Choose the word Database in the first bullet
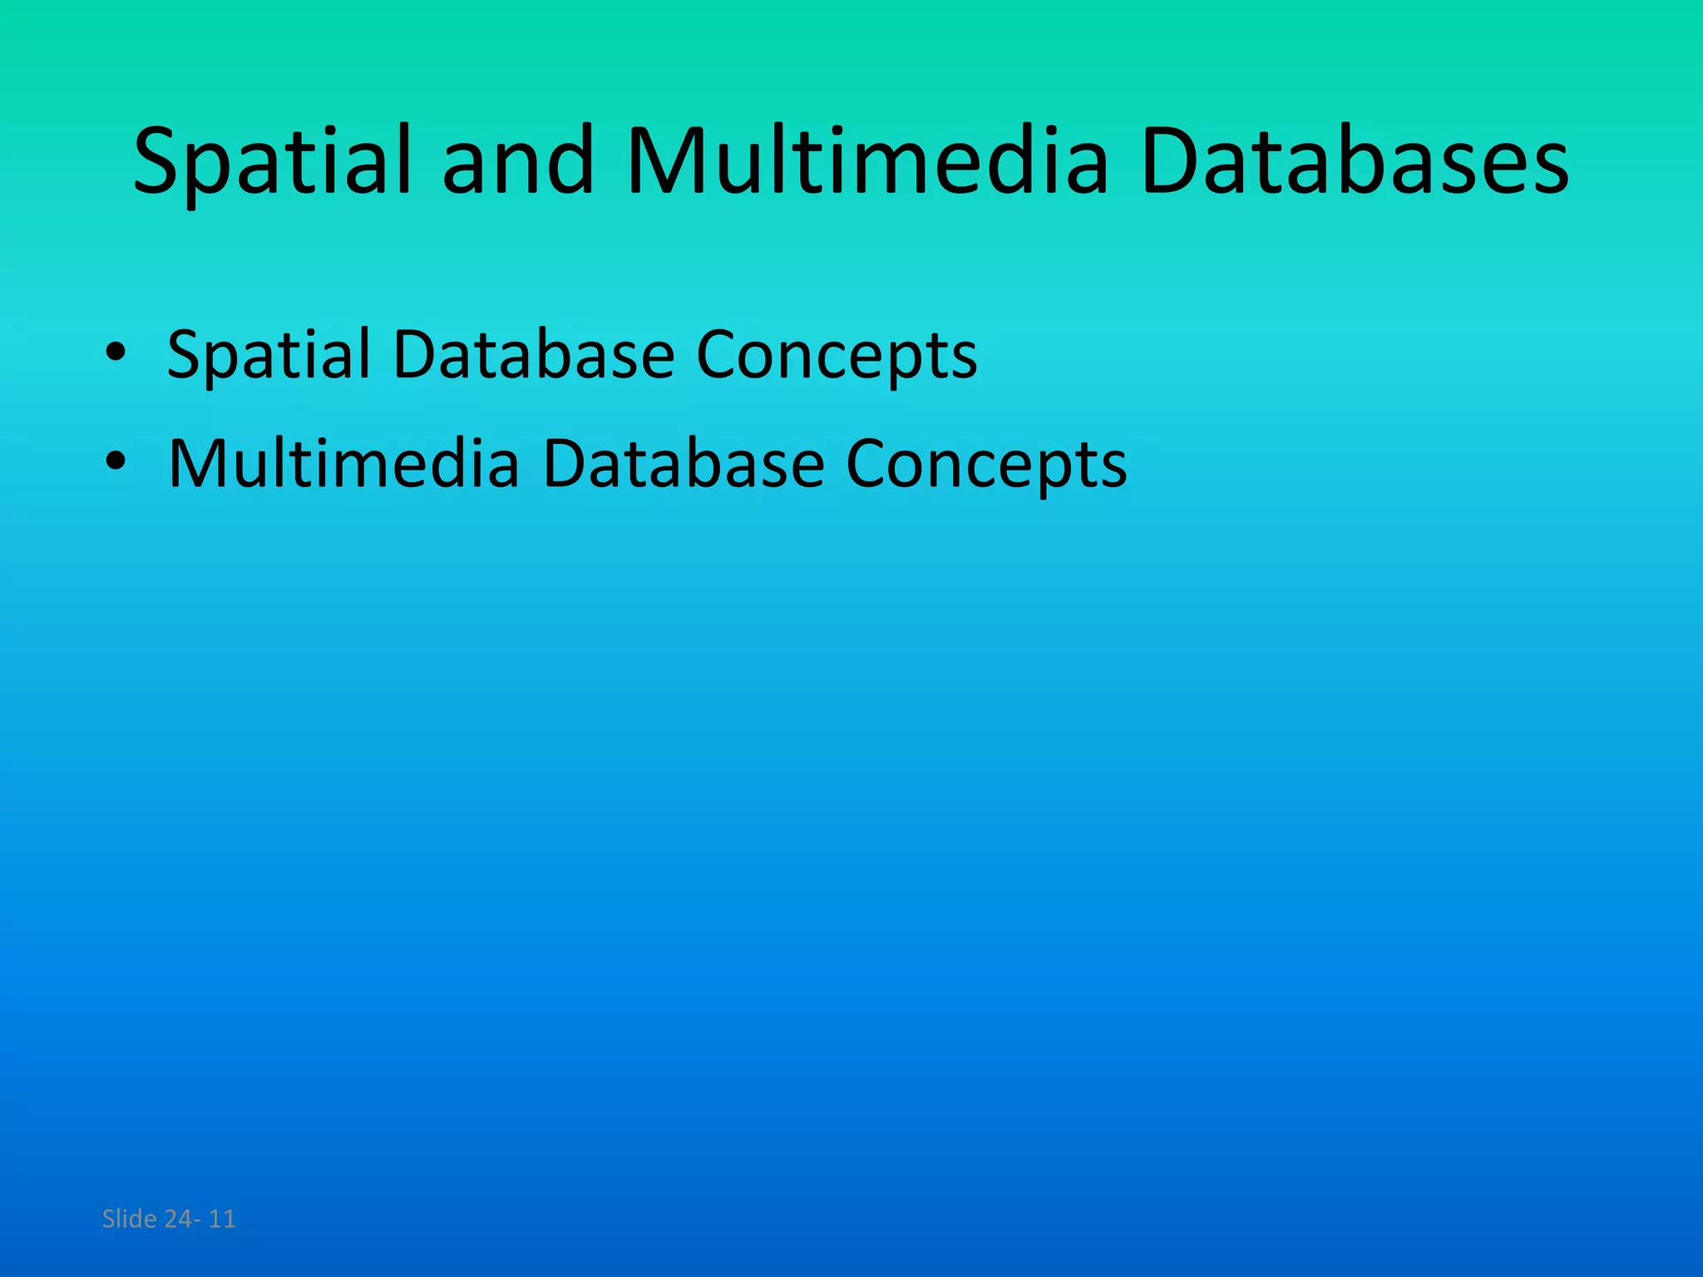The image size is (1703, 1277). coord(533,354)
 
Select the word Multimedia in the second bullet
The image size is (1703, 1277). coord(343,463)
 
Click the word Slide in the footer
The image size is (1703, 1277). coord(129,1219)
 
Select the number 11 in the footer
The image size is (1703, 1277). coord(222,1219)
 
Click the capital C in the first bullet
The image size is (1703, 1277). coord(718,355)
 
